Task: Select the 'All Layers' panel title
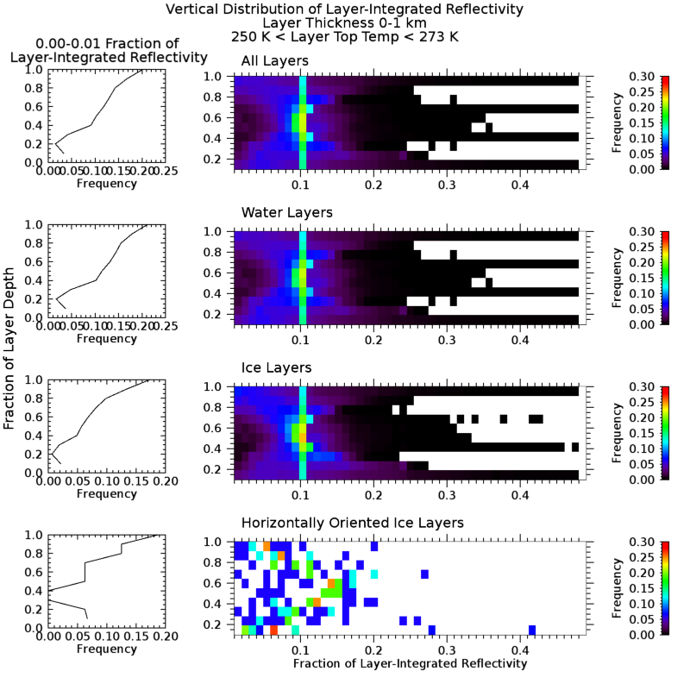273,60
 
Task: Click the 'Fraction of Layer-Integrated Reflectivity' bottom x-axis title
410,664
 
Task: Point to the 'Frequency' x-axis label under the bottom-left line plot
106,649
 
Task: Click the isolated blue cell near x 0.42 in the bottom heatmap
532,630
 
